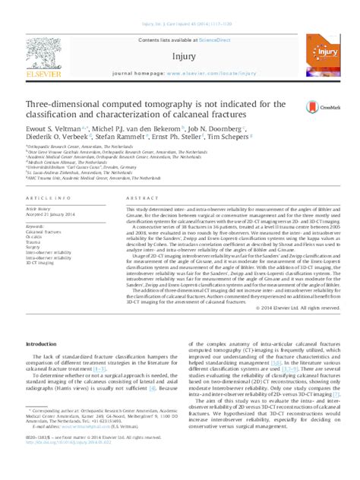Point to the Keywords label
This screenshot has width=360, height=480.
36,226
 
